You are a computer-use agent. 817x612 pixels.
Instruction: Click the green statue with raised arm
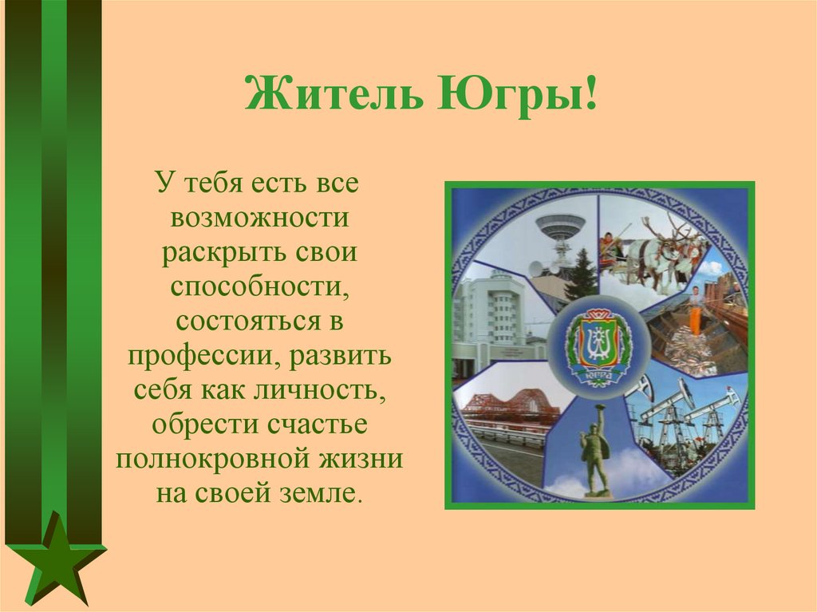[594, 447]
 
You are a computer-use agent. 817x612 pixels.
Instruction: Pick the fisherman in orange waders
[696, 312]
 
